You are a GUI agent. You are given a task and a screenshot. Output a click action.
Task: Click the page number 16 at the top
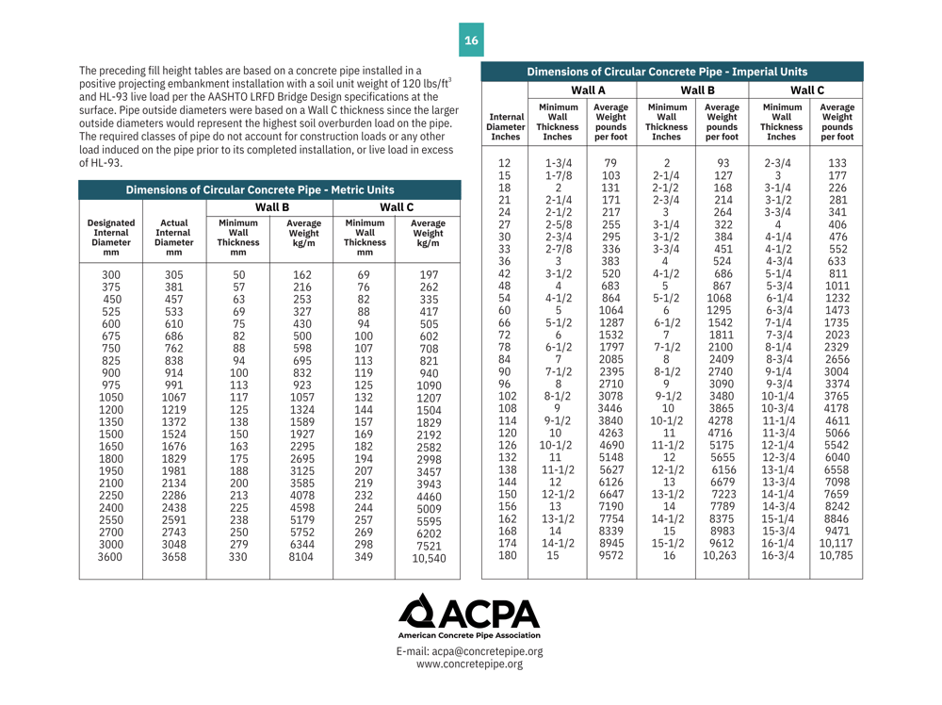click(471, 41)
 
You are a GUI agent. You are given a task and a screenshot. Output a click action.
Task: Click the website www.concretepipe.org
click(469, 664)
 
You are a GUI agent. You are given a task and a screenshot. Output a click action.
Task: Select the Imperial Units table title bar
click(668, 72)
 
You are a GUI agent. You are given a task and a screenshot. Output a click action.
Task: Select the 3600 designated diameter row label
click(110, 557)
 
